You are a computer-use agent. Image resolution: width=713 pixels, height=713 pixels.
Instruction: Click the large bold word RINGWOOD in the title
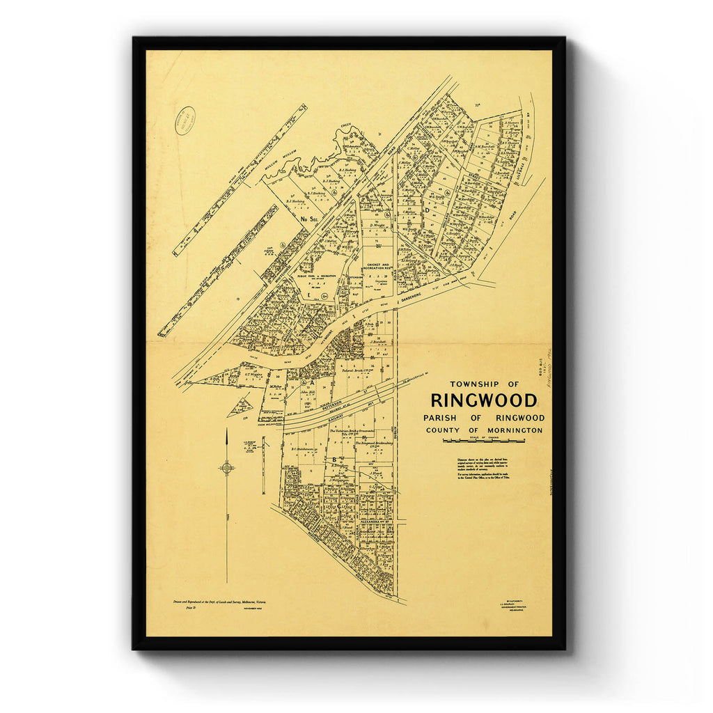pos(484,400)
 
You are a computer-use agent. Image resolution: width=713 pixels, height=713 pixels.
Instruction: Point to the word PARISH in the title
pos(441,418)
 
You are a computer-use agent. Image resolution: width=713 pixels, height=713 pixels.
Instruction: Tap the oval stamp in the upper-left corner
pos(185,120)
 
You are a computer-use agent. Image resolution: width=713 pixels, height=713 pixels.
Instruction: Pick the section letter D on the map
pos(427,210)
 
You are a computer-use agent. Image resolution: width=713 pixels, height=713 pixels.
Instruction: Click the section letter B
pos(334,459)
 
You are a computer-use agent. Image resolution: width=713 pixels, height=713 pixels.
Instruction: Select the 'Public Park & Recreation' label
pos(312,276)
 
